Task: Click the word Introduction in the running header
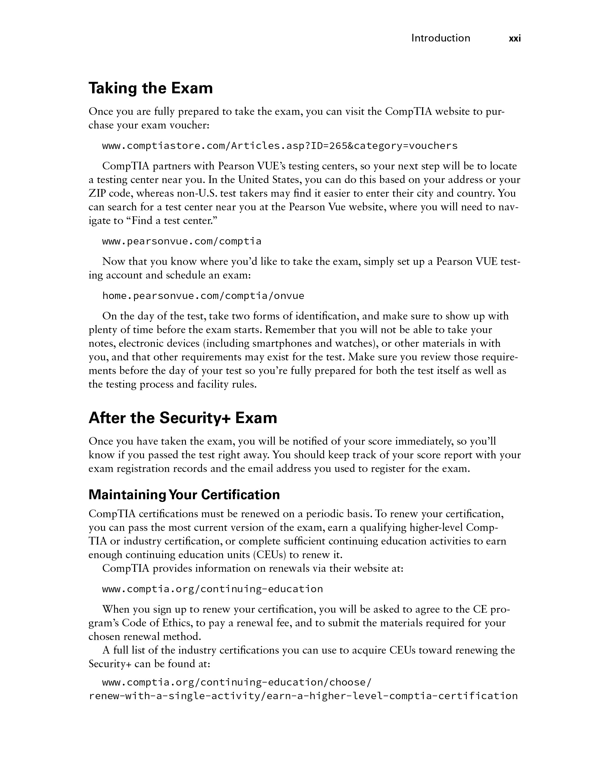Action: pyautogui.click(x=440, y=38)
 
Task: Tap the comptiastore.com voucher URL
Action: pyautogui.click(x=280, y=146)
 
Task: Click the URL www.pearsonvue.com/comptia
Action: pyautogui.click(x=182, y=241)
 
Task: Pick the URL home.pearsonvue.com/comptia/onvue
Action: pyautogui.click(x=203, y=296)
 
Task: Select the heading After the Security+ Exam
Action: pyautogui.click(x=183, y=418)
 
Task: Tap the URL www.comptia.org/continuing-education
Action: pyautogui.click(x=212, y=589)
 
